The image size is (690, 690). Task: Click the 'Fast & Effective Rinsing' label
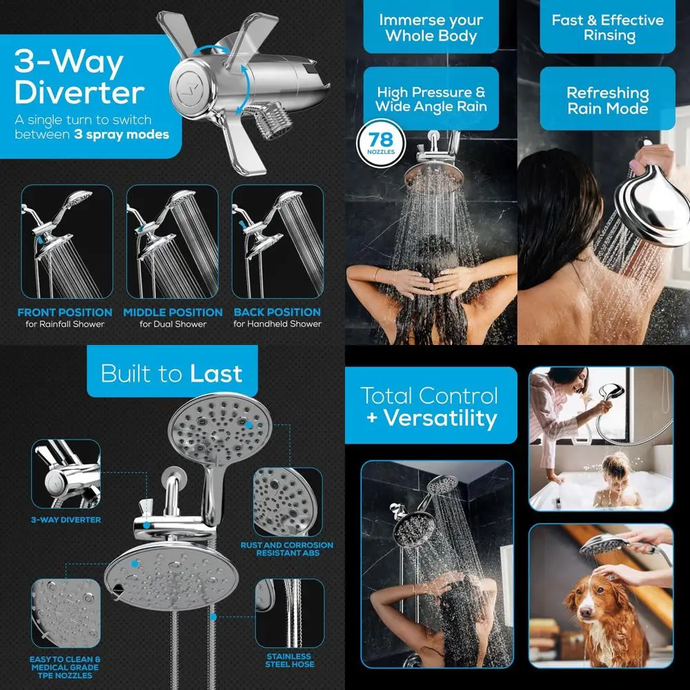pos(607,28)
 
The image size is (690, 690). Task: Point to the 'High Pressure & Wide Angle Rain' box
pos(431,99)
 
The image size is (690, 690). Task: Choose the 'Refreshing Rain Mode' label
pos(607,101)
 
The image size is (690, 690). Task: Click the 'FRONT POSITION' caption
pos(65,313)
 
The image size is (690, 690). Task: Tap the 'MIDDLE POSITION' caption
pos(173,313)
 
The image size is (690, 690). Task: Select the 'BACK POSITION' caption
pos(277,313)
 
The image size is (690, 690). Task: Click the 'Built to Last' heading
pos(172,373)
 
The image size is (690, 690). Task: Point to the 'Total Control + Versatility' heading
pos(429,406)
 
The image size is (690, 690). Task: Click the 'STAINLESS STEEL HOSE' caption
pos(288,660)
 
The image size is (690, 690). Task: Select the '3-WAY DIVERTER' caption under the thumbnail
pos(66,520)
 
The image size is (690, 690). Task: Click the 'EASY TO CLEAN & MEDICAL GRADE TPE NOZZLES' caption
pos(65,668)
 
